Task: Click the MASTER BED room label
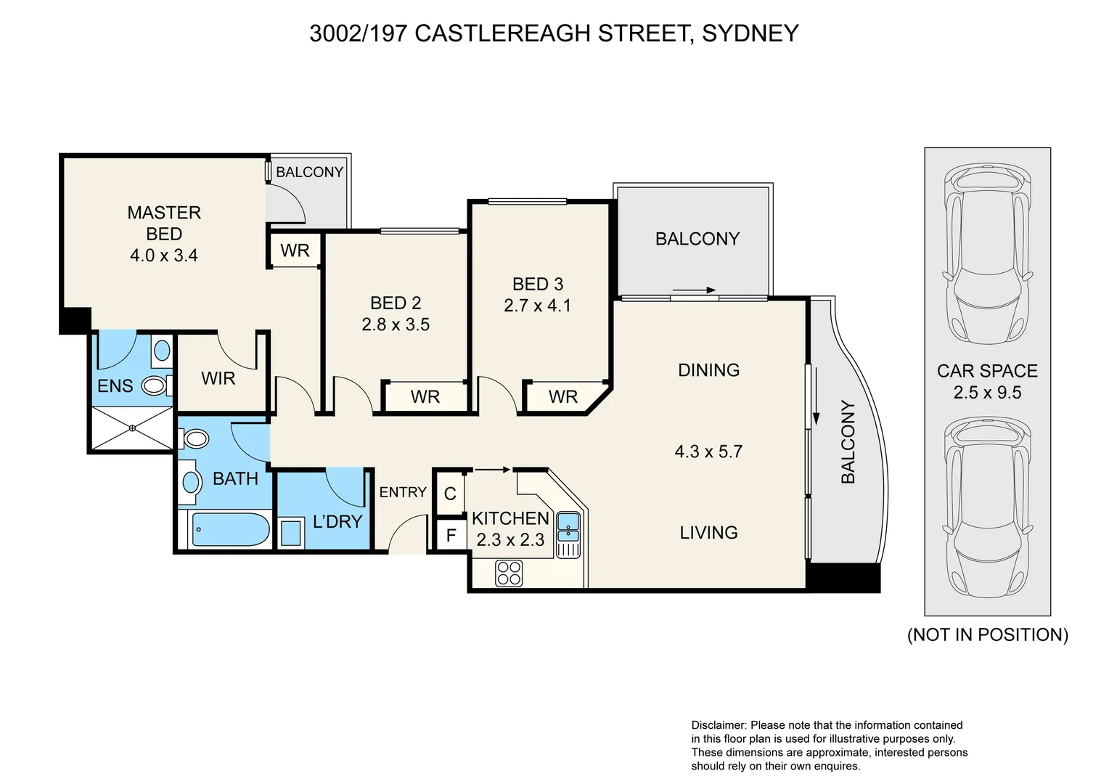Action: pyautogui.click(x=164, y=223)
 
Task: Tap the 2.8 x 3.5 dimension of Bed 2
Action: pyautogui.click(x=396, y=324)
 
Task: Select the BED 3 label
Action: pyautogui.click(x=538, y=284)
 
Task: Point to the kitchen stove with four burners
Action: pyautogui.click(x=509, y=573)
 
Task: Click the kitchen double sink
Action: pyautogui.click(x=568, y=528)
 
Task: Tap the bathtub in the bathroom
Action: pyautogui.click(x=231, y=529)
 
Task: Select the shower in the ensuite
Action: pyautogui.click(x=132, y=428)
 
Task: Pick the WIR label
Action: pyautogui.click(x=218, y=378)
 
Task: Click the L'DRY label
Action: pyautogui.click(x=337, y=521)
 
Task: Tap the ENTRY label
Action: pyautogui.click(x=403, y=491)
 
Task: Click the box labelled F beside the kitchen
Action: pyautogui.click(x=451, y=535)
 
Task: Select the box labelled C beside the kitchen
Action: pyautogui.click(x=450, y=494)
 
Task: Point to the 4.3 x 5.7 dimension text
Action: pyautogui.click(x=708, y=452)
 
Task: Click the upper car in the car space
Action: pyautogui.click(x=988, y=253)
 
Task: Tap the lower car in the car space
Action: pyautogui.click(x=988, y=507)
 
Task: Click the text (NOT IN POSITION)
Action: pyautogui.click(x=988, y=634)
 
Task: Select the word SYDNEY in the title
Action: pyautogui.click(x=750, y=33)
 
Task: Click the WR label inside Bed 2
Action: pyautogui.click(x=425, y=396)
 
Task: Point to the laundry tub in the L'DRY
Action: pyautogui.click(x=290, y=533)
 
